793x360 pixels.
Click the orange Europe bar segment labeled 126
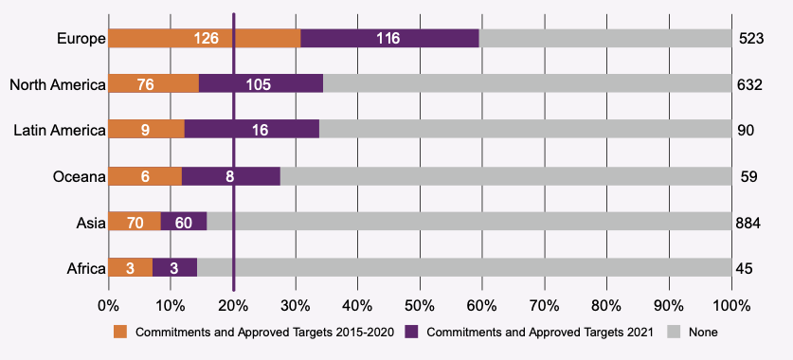click(x=205, y=39)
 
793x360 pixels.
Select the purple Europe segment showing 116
click(x=390, y=39)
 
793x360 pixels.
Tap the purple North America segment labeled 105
click(x=261, y=84)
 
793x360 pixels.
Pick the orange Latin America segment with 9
click(x=147, y=130)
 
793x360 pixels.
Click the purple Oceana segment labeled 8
click(x=231, y=176)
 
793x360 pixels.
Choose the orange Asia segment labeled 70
click(x=135, y=222)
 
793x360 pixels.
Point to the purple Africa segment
click(x=175, y=268)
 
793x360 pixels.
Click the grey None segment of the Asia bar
click(x=469, y=222)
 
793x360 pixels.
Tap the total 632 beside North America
click(x=749, y=84)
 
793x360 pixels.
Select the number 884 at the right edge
click(x=749, y=223)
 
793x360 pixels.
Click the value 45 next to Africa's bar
click(x=746, y=268)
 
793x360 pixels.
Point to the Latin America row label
click(x=60, y=131)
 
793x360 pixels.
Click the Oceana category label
click(x=80, y=176)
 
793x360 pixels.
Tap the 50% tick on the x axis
click(x=420, y=306)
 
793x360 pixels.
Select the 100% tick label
click(x=731, y=306)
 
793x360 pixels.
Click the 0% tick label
click(x=108, y=306)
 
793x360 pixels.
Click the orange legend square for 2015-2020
click(x=120, y=333)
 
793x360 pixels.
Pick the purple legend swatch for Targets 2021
click(x=412, y=333)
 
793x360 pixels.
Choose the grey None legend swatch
click(x=675, y=333)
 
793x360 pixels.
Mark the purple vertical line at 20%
click(x=234, y=152)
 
